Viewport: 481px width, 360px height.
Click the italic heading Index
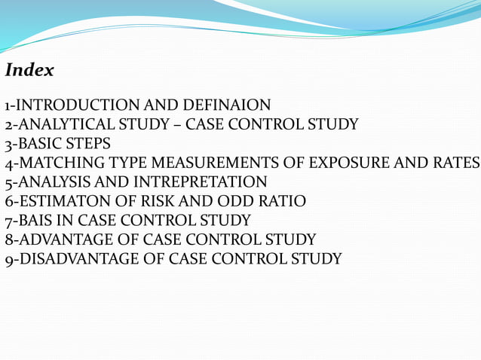[29, 71]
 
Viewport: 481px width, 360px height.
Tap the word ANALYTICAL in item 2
[66, 125]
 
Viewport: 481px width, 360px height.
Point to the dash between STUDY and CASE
[175, 125]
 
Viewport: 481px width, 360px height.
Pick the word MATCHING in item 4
[57, 163]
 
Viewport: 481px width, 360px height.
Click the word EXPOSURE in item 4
[354, 163]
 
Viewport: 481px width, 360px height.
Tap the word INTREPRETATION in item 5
[201, 182]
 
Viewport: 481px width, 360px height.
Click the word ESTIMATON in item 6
[61, 201]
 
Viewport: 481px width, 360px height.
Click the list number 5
[8, 182]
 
